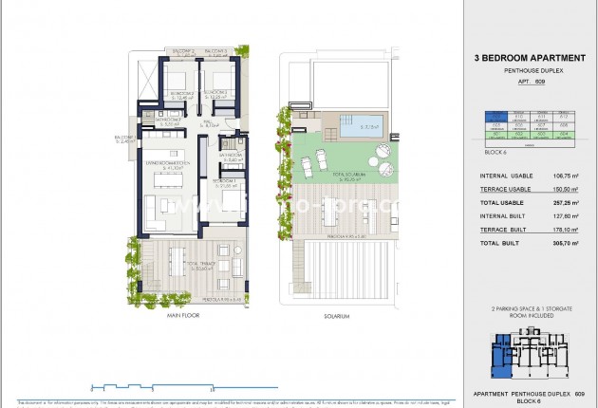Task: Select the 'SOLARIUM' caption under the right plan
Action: coord(337,316)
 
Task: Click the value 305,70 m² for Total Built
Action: coord(564,244)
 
